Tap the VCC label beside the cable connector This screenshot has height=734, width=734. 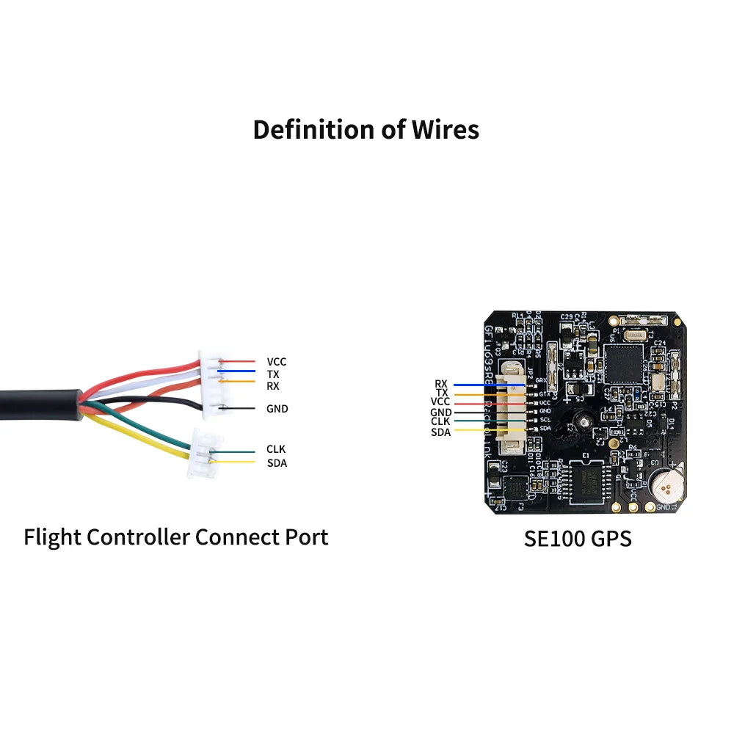point(277,362)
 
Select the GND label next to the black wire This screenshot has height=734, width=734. point(277,409)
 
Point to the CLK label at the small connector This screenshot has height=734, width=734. point(276,449)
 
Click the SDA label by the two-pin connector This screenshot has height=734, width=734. point(277,463)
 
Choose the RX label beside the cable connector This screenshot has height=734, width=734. point(272,385)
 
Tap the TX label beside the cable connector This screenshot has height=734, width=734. point(272,374)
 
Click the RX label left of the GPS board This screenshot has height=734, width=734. point(440,384)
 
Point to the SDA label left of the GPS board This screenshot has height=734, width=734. point(440,432)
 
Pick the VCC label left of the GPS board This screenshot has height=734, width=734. point(440,402)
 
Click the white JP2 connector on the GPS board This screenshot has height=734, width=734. point(508,407)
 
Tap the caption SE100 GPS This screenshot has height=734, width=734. point(578,538)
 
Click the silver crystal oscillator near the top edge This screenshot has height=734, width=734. point(636,335)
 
